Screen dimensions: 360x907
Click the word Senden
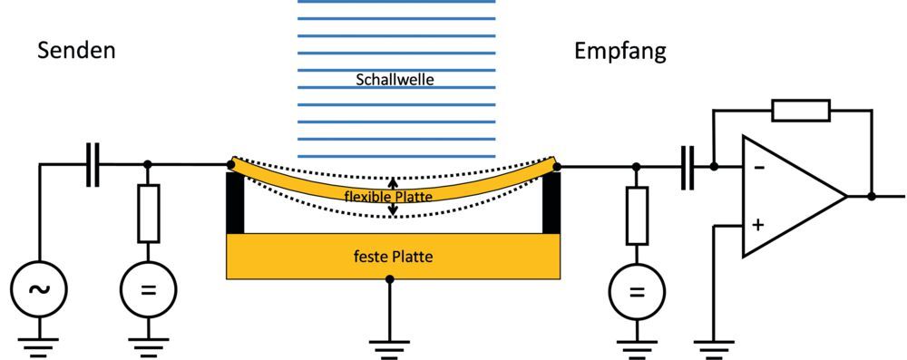point(76,51)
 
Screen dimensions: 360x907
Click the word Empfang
point(620,51)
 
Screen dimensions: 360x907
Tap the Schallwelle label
point(395,80)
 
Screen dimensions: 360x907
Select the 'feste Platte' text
point(393,257)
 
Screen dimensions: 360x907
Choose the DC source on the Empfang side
point(637,292)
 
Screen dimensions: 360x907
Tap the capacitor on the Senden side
point(93,166)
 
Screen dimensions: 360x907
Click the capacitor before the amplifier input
point(689,167)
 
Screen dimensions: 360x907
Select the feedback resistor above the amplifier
point(801,111)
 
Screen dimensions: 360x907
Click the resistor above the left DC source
point(149,214)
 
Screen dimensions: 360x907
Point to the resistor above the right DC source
point(637,216)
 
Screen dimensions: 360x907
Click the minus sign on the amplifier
point(759,168)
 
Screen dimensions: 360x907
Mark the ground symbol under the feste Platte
point(390,344)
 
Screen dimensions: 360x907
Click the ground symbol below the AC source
point(38,345)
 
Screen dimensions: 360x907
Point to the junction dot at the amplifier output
point(872,196)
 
